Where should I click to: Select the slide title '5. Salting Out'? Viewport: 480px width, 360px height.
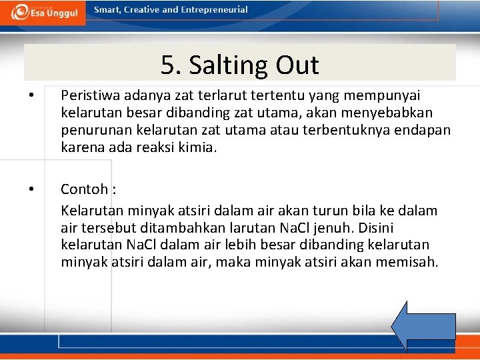coord(239,65)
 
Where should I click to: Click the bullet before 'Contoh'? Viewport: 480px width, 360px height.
coord(31,190)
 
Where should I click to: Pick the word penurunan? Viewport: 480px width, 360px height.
coord(92,129)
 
